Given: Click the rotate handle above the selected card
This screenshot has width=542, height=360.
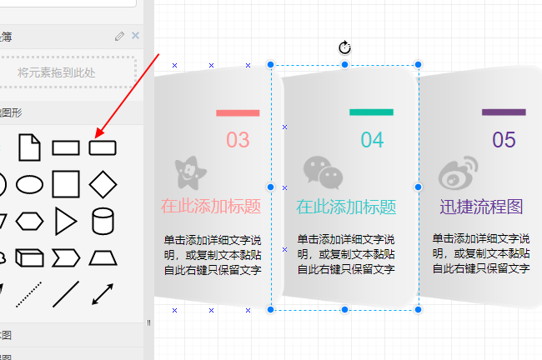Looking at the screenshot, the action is click(345, 47).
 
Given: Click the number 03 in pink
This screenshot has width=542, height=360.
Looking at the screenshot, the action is click(238, 140).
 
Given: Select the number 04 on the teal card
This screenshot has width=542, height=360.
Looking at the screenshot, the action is click(372, 140).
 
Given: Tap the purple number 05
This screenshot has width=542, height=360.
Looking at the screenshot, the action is click(504, 140).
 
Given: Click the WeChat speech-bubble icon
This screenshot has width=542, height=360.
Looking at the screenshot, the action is click(323, 172).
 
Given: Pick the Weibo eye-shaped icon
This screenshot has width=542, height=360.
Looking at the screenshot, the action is click(457, 173).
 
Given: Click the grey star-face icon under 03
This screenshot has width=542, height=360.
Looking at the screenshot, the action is click(191, 172).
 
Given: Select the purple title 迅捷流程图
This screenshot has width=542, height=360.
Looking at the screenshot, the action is click(481, 207).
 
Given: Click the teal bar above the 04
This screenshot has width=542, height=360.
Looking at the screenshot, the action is click(371, 112).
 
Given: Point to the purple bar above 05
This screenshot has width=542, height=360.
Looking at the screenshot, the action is click(504, 112).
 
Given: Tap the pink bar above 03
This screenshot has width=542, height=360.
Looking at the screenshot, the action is click(238, 112).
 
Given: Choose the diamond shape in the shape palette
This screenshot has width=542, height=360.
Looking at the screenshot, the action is click(103, 183).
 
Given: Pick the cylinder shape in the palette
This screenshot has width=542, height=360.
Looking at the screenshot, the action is click(103, 221).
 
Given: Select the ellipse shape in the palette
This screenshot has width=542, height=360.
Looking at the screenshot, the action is click(30, 183).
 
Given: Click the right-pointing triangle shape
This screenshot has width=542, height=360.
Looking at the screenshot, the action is click(66, 221).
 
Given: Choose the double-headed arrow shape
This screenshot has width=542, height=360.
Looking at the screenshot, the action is click(103, 294).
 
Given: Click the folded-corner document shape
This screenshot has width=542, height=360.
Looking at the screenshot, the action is click(30, 147).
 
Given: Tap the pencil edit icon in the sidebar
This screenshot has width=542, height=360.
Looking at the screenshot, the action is click(120, 36).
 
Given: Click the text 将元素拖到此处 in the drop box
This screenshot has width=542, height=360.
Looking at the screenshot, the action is click(57, 72).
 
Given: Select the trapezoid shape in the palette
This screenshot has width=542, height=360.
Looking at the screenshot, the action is click(103, 257).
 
